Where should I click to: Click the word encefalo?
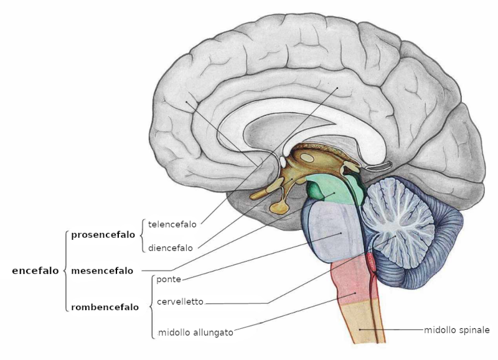(35, 271)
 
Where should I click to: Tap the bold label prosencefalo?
(103, 235)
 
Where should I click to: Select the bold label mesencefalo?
(102, 271)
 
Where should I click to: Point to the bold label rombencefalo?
(105, 307)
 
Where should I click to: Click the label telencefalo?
(172, 223)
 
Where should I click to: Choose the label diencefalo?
(170, 247)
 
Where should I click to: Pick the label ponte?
(169, 279)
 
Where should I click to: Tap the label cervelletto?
(180, 302)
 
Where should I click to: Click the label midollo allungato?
(195, 333)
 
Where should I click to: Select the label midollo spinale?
(457, 329)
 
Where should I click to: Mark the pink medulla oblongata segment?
(352, 283)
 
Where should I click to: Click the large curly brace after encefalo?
(65, 271)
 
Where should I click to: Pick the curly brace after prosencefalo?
(142, 235)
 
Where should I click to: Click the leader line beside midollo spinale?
(398, 329)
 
